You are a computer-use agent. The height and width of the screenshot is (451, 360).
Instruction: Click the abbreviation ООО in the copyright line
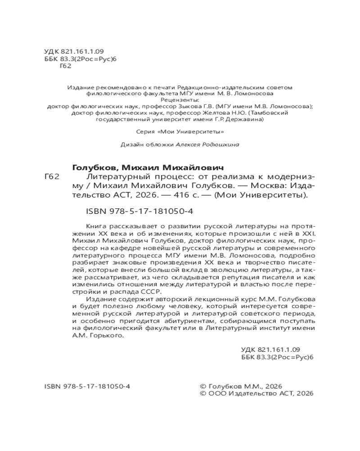click(216, 393)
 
